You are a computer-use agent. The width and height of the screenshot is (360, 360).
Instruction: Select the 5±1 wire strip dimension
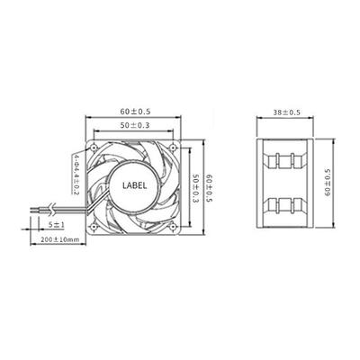coord(56,224)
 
